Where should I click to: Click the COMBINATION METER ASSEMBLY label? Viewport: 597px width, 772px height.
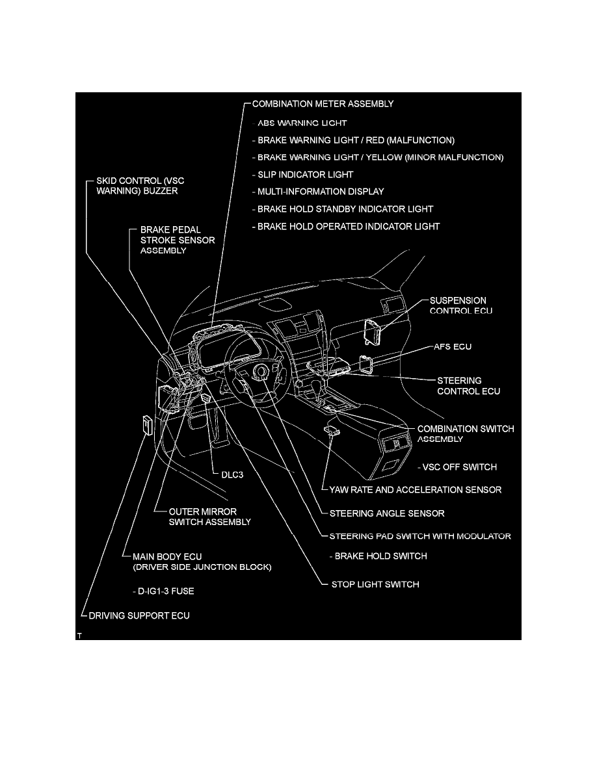coord(323,103)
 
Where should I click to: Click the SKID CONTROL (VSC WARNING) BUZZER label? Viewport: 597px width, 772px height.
coord(137,185)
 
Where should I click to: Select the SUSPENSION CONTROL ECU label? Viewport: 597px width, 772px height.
coord(460,306)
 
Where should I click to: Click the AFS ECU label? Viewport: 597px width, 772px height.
coord(453,347)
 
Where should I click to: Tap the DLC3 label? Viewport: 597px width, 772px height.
coord(232,474)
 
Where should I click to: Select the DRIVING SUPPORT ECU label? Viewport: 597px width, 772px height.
coord(139,615)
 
